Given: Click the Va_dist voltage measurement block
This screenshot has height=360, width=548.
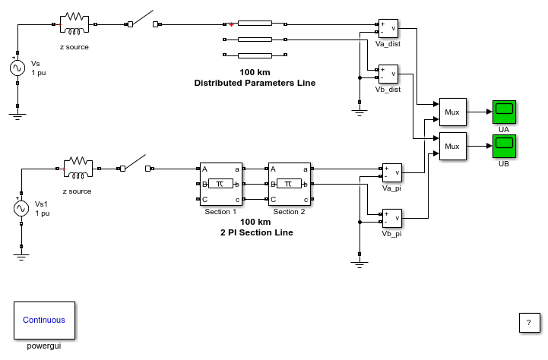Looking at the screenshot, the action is (x=388, y=28).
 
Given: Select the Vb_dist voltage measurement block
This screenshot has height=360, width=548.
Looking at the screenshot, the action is (x=388, y=74).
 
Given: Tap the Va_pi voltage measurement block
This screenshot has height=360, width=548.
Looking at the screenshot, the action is (x=391, y=172).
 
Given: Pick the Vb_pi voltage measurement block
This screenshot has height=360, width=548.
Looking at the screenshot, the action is (x=391, y=218).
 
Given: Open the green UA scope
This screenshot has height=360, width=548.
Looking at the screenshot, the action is (x=504, y=112).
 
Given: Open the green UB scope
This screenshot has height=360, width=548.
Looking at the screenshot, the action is (x=504, y=147).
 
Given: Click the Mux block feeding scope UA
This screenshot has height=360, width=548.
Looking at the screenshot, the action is (x=452, y=112).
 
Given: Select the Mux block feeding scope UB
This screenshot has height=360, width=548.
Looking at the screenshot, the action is (x=452, y=147).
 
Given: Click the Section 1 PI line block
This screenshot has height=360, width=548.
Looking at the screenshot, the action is (x=221, y=184).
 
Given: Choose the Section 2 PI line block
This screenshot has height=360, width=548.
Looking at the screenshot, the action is (x=290, y=184).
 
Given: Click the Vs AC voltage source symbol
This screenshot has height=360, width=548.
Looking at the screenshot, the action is (x=17, y=68).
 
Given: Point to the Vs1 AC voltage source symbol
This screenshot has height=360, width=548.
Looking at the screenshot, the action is (x=21, y=208).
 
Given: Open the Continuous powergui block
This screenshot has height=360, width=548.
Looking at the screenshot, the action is (x=44, y=321).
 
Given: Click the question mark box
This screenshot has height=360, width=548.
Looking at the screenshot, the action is (x=529, y=323).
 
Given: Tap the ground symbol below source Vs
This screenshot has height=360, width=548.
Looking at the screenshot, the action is (x=17, y=117).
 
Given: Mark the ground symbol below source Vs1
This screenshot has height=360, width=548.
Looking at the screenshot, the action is (x=21, y=257).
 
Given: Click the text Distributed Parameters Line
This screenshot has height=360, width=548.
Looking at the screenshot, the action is (x=255, y=83).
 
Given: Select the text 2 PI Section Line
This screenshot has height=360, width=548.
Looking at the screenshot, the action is (x=257, y=232).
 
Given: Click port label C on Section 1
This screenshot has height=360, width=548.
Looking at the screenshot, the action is (x=204, y=200).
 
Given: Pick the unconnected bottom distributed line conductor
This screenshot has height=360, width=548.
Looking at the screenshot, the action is (x=255, y=55).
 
